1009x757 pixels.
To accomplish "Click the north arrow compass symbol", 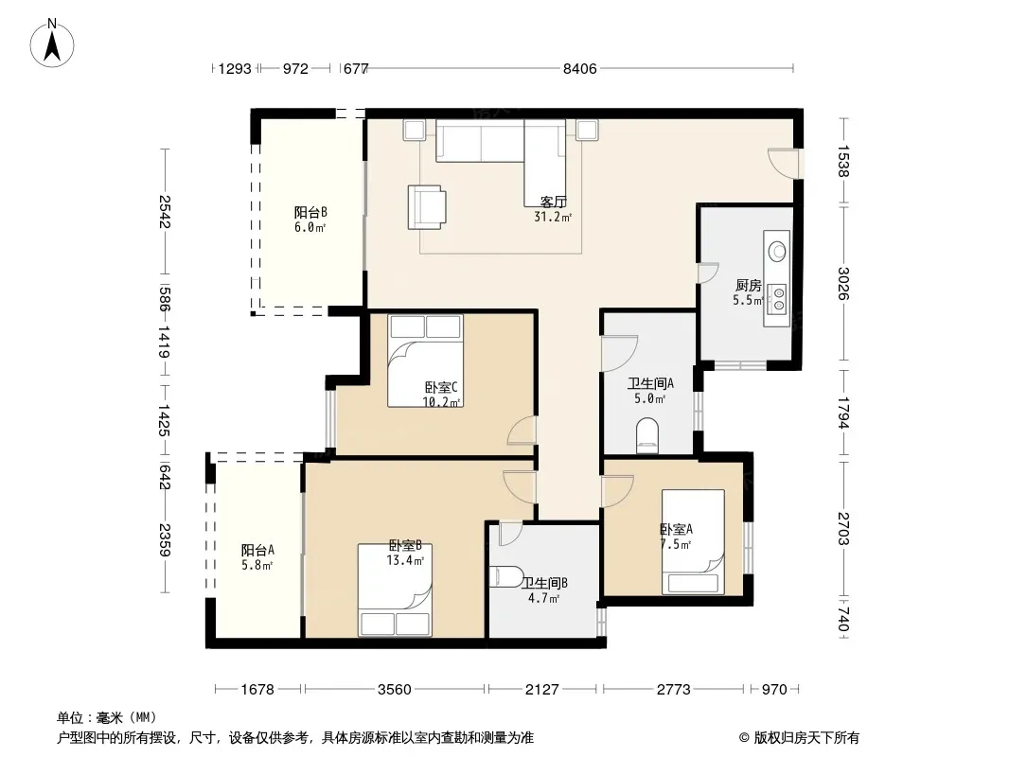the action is (52, 43).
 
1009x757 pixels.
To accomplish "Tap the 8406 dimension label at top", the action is (580, 69).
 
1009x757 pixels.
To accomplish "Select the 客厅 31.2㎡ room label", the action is (553, 210).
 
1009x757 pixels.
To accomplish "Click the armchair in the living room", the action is (427, 207).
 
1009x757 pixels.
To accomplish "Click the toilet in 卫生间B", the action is (505, 577).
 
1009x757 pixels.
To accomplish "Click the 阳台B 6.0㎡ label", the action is (310, 220).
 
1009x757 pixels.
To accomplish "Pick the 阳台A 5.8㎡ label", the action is (257, 557).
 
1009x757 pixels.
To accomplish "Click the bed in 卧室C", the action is (425, 361).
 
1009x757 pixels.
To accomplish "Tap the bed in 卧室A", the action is (694, 542).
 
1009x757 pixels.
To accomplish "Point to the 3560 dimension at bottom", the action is (394, 690).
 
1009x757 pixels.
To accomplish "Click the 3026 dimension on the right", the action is (843, 283).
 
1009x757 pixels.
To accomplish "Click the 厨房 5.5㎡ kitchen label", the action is (749, 292).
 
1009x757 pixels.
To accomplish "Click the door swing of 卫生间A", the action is (619, 353).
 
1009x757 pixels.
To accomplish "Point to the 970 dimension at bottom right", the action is (774, 690).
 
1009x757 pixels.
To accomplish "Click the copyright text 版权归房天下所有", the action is (806, 738).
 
